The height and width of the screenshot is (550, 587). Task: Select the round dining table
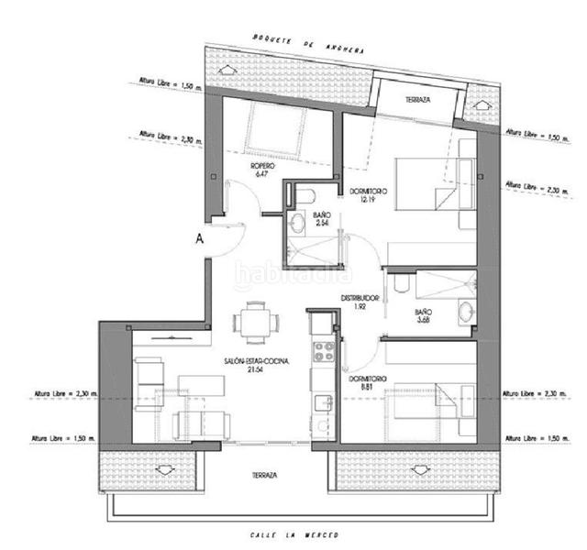(254, 322)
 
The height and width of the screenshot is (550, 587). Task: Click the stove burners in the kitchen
(323, 350)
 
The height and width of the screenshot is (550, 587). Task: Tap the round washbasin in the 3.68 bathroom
(464, 309)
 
